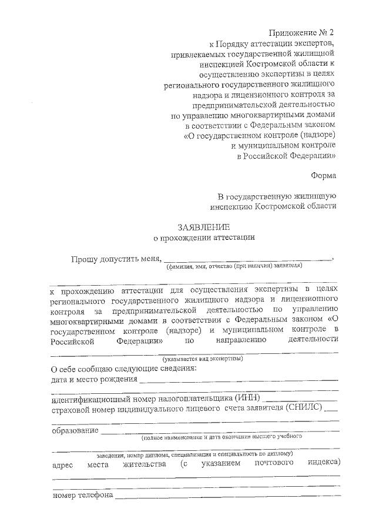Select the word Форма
tap(324, 175)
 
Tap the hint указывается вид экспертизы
tap(202, 358)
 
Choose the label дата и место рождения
tap(95, 379)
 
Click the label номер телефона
tap(82, 495)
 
